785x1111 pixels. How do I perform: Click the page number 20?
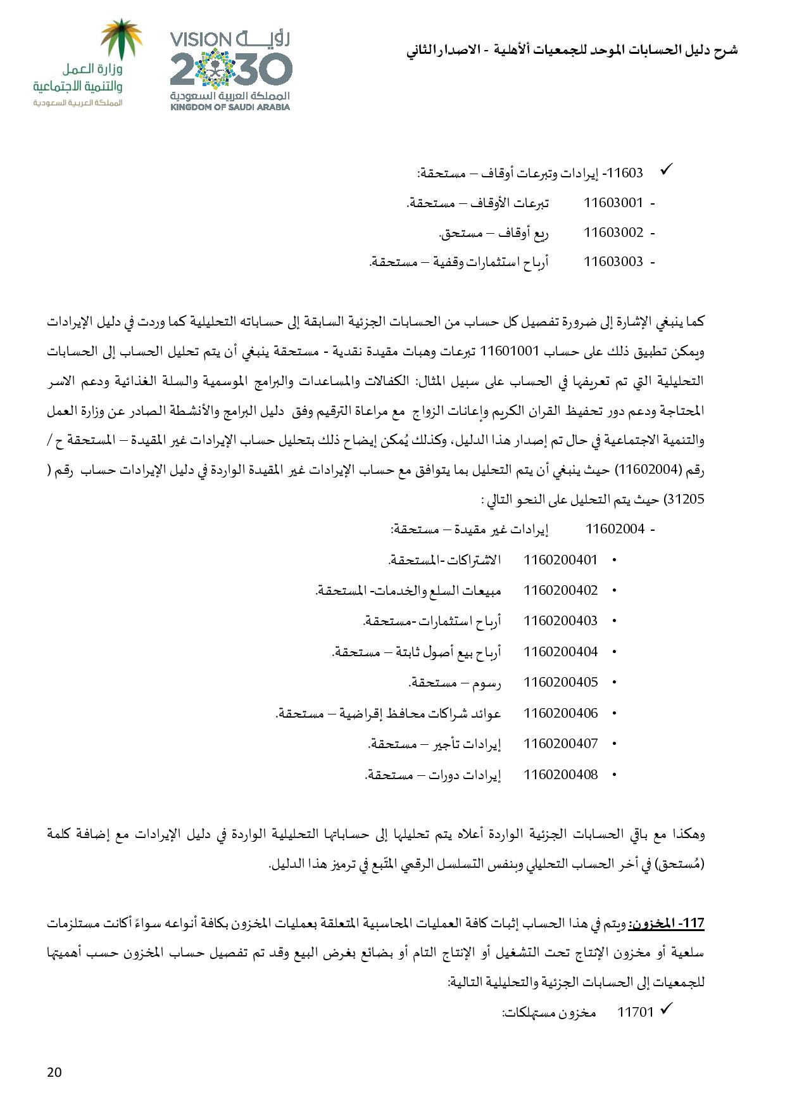[54, 1072]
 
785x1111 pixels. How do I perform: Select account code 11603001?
[613, 203]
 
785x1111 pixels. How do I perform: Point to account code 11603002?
[613, 232]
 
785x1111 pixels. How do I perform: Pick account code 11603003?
[613, 262]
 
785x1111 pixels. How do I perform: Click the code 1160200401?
[560, 559]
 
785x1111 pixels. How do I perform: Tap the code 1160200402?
[560, 590]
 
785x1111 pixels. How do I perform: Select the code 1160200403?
[560, 621]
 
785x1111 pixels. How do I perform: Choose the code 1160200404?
[560, 651]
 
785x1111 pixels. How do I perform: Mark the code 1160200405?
[560, 682]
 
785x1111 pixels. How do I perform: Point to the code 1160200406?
[560, 713]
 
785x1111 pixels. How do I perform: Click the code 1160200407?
[560, 744]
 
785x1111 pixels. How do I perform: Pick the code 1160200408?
[560, 774]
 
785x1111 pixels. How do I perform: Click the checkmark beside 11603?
[666, 170]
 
